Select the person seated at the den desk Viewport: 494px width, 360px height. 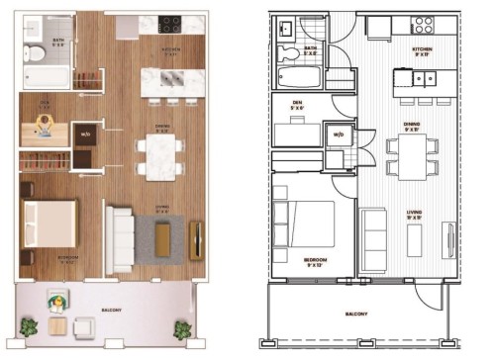(x=46, y=124)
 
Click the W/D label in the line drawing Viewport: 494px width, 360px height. (x=338, y=135)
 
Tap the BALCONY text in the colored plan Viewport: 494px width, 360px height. (x=112, y=310)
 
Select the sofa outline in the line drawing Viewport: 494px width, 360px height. (x=375, y=237)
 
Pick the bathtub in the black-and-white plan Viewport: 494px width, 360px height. (x=301, y=77)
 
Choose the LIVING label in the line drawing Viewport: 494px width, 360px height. (x=416, y=212)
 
